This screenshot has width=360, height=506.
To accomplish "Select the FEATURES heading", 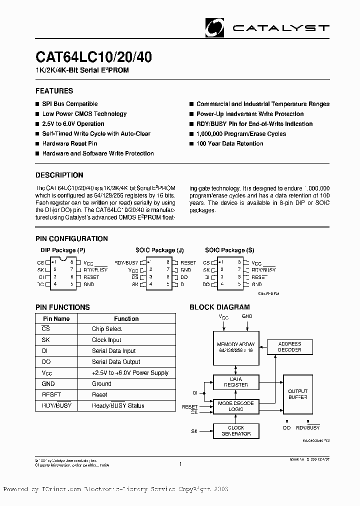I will (x=54, y=91).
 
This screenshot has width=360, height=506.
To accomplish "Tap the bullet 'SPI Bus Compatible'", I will (x=69, y=104).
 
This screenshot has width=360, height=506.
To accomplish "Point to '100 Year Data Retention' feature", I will (x=229, y=143).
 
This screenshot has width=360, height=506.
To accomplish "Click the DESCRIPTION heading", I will (x=59, y=175).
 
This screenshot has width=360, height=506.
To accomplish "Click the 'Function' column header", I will (x=126, y=318).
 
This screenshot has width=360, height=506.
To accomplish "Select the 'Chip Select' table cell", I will (x=106, y=329).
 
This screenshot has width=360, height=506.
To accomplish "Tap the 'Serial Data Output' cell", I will (x=116, y=362).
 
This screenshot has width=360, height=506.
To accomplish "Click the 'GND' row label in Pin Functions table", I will (x=48, y=384).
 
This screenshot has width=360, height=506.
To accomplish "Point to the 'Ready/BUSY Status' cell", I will (x=118, y=405).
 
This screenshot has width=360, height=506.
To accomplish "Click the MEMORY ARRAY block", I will (x=236, y=347).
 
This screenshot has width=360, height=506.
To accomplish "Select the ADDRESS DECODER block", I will (x=289, y=347).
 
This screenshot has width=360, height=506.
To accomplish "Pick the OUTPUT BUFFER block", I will (x=298, y=394).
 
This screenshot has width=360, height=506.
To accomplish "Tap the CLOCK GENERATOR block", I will (x=236, y=431).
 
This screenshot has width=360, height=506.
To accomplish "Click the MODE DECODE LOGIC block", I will (x=236, y=406).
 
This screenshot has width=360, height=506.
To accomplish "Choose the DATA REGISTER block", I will (x=236, y=382).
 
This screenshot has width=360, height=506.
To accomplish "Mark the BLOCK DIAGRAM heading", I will (x=219, y=307).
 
